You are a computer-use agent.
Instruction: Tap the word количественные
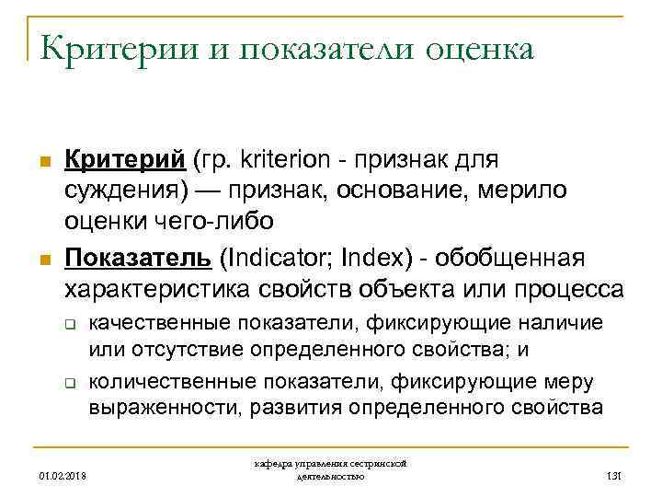pyautogui.click(x=170, y=381)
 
